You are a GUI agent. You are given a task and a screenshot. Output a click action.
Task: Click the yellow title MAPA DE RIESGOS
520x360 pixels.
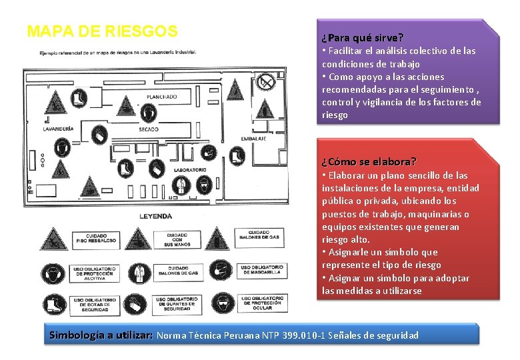(x=103, y=31)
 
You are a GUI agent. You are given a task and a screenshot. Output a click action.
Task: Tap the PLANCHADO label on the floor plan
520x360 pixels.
(x=162, y=97)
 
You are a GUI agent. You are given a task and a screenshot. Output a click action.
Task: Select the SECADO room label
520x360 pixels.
(x=148, y=129)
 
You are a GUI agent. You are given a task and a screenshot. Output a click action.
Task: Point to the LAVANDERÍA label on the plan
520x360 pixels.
(x=59, y=129)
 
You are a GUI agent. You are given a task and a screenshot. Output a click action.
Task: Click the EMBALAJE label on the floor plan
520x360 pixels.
(x=253, y=139)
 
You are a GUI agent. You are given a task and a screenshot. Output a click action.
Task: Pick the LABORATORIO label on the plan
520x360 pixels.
(x=191, y=170)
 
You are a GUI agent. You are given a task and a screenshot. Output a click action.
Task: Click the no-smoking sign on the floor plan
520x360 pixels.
(x=267, y=82)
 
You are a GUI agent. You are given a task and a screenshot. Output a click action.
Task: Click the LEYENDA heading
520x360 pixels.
(x=156, y=216)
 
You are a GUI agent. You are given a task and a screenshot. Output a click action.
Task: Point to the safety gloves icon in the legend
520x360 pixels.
(x=138, y=304)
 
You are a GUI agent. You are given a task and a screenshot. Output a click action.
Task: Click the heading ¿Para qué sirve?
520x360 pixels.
(x=363, y=37)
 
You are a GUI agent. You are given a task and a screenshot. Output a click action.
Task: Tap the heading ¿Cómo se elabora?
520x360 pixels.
(x=369, y=162)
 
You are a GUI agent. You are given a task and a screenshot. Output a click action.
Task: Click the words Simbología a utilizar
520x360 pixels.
(x=101, y=335)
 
